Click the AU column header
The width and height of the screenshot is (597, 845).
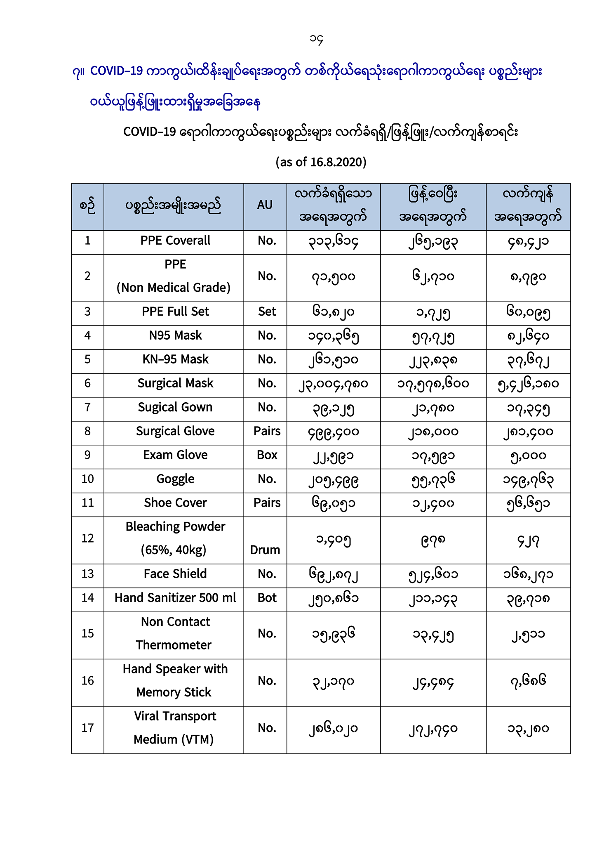pyautogui.click(x=265, y=205)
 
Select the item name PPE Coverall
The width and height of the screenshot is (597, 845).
pyautogui.click(x=175, y=241)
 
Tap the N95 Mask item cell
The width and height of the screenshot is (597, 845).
pyautogui.click(x=175, y=335)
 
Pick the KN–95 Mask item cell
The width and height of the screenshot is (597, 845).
pyautogui.click(x=175, y=359)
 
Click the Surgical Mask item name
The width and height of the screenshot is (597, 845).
pyautogui.click(x=175, y=383)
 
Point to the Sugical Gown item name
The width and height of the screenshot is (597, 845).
pyautogui.click(x=175, y=407)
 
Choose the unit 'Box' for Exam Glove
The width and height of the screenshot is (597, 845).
pyautogui.click(x=267, y=455)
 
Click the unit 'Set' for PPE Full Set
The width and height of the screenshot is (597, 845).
pyautogui.click(x=267, y=312)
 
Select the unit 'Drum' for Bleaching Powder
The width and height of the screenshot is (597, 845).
pyautogui.click(x=265, y=550)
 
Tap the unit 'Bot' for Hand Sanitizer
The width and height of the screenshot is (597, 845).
pyautogui.click(x=267, y=598)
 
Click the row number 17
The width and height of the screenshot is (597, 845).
pyautogui.click(x=87, y=728)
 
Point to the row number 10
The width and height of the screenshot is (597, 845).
pyautogui.click(x=87, y=479)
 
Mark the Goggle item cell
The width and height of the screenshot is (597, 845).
pyautogui.click(x=175, y=479)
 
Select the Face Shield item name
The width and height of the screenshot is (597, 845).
pyautogui.click(x=175, y=574)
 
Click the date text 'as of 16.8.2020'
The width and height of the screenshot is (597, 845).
pyautogui.click(x=321, y=162)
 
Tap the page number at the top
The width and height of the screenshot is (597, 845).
pyautogui.click(x=316, y=39)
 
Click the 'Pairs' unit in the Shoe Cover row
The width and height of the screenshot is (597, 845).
pyautogui.click(x=267, y=503)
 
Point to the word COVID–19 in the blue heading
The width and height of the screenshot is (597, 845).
pyautogui.click(x=116, y=71)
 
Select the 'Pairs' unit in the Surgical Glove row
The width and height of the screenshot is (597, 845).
pyautogui.click(x=267, y=431)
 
